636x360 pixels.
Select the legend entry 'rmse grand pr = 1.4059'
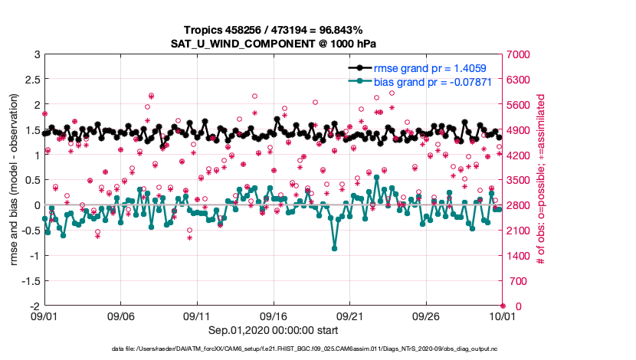pos(430,68)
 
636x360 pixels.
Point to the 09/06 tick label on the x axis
pos(120,316)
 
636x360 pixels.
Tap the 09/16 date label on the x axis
pos(273,316)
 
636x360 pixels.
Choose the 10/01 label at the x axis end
pos(502,316)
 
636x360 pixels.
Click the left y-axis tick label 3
pos(36,55)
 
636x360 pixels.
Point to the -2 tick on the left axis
pos(34,306)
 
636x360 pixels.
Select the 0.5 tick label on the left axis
pos(31,180)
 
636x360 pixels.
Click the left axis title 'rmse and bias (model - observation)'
pos(15,180)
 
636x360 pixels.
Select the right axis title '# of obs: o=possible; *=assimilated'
pos(541,180)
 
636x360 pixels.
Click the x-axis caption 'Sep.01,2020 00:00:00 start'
pos(273,331)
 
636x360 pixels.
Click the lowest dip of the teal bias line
pos(334,248)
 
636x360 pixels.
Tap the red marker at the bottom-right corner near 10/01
pos(502,306)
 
